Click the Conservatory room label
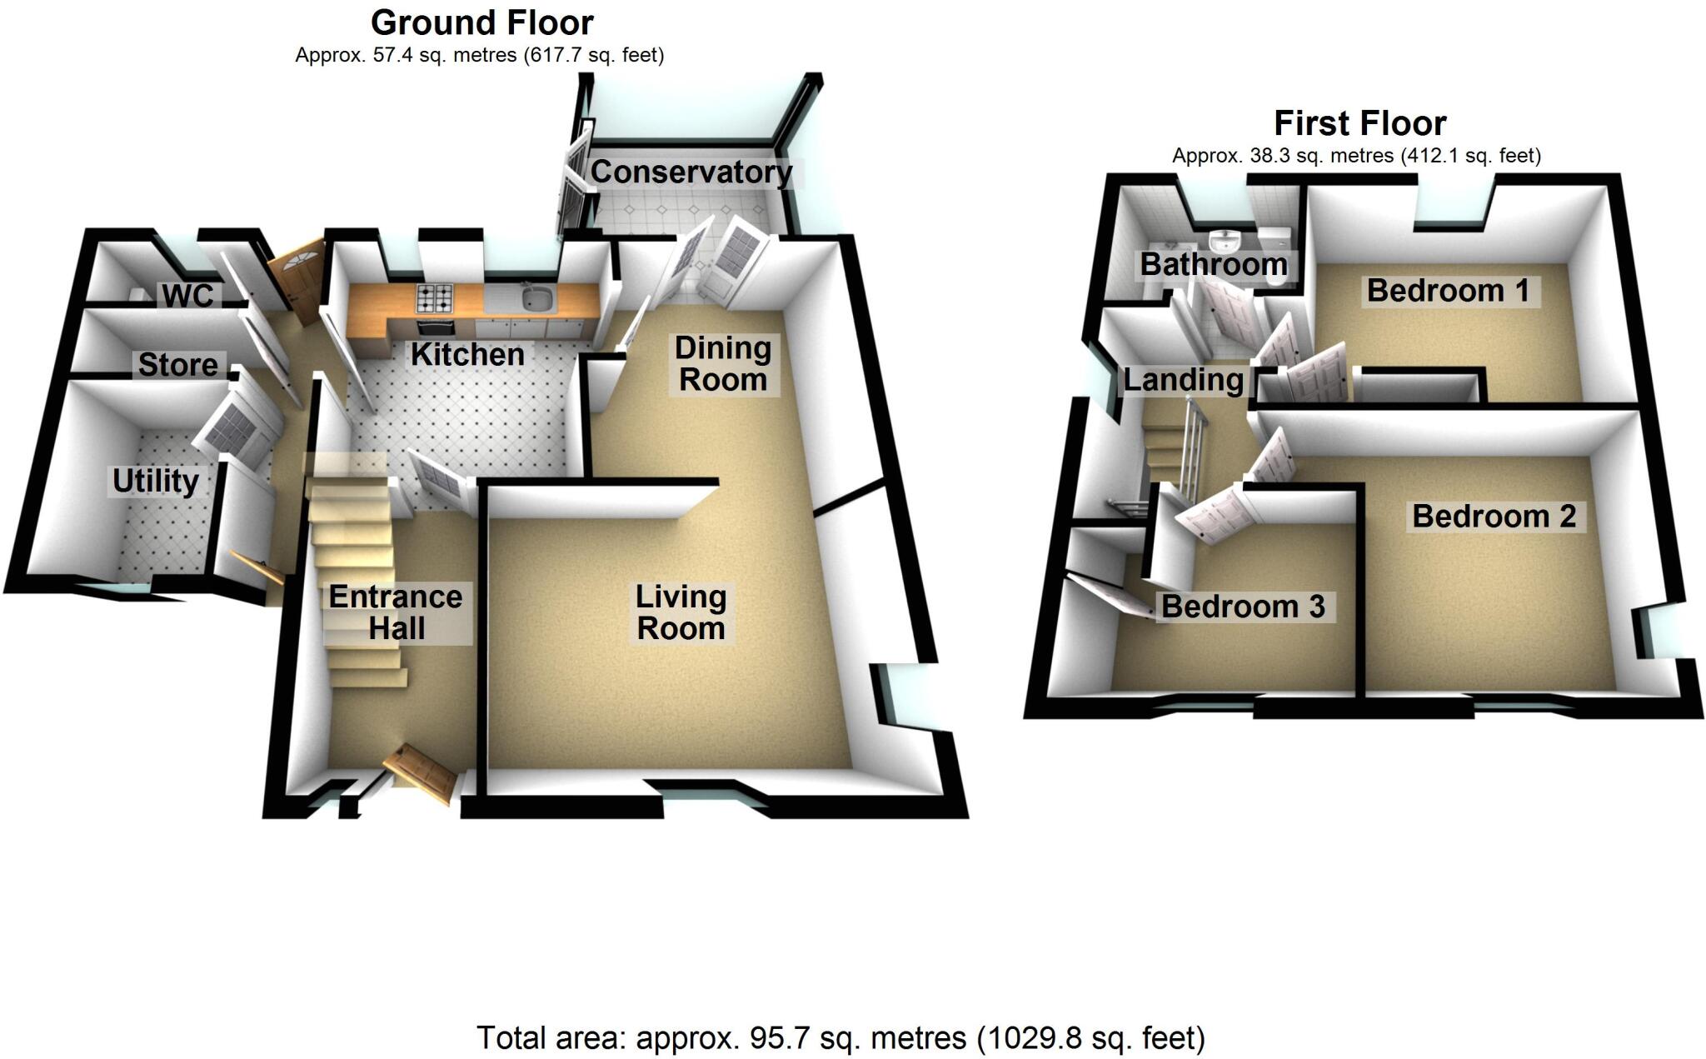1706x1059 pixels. (x=691, y=172)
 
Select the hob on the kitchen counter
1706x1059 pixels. (x=436, y=297)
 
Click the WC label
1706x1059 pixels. (x=188, y=295)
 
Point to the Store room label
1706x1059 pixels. (x=177, y=364)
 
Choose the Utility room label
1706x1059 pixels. (x=156, y=481)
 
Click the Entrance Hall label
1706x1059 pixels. (x=396, y=612)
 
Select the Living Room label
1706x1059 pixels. (x=681, y=612)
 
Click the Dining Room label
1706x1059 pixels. (x=722, y=363)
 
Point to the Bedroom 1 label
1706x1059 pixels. (x=1448, y=291)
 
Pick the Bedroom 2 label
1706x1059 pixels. (x=1494, y=517)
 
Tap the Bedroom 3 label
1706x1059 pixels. (x=1243, y=607)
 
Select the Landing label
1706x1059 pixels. (x=1183, y=380)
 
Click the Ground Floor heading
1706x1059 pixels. (x=481, y=23)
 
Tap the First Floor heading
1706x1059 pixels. (x=1359, y=124)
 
